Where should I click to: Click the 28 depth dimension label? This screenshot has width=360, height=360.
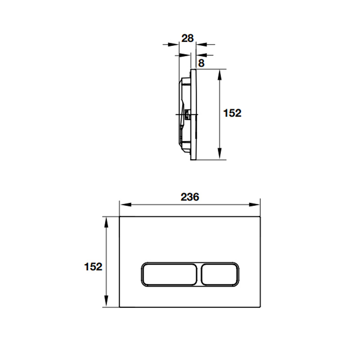coord(188,38)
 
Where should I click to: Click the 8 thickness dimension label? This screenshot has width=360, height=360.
coord(201,63)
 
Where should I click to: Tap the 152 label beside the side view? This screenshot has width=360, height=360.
coord(232,113)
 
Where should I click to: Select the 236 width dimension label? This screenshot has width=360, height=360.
coord(190,197)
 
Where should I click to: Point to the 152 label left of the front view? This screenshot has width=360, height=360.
coord(93,267)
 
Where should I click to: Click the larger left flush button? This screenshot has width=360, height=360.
coord(169,274)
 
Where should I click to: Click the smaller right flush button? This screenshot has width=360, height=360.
coord(220,274)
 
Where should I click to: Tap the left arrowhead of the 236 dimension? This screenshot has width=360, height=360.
coord(126,204)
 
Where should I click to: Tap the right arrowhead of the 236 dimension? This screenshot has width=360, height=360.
coord(254,204)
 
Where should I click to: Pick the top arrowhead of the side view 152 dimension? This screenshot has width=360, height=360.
coord(220,75)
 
